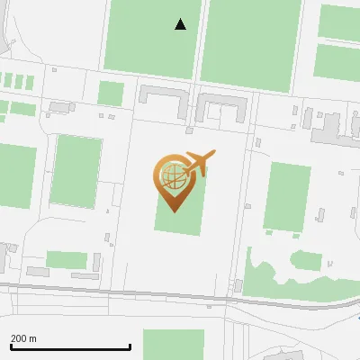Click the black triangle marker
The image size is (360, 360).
coord(180,24)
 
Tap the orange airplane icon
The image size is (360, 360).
coord(199,163)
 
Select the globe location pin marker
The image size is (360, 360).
coord(171,180)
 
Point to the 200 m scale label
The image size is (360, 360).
coord(23,339)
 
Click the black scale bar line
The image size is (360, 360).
coord(70,347)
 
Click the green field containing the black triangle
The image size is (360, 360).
coord(151,36)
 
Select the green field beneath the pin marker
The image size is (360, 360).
coord(180,216)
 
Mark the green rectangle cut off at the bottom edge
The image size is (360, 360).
coord(173,344)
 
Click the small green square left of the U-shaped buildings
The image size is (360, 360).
coord(110,94)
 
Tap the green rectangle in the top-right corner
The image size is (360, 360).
coord(340,22)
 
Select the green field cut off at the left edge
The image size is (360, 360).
coord(16,175)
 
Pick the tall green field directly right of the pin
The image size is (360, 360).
coord(288,196)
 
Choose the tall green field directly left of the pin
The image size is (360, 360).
coord(76,171)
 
